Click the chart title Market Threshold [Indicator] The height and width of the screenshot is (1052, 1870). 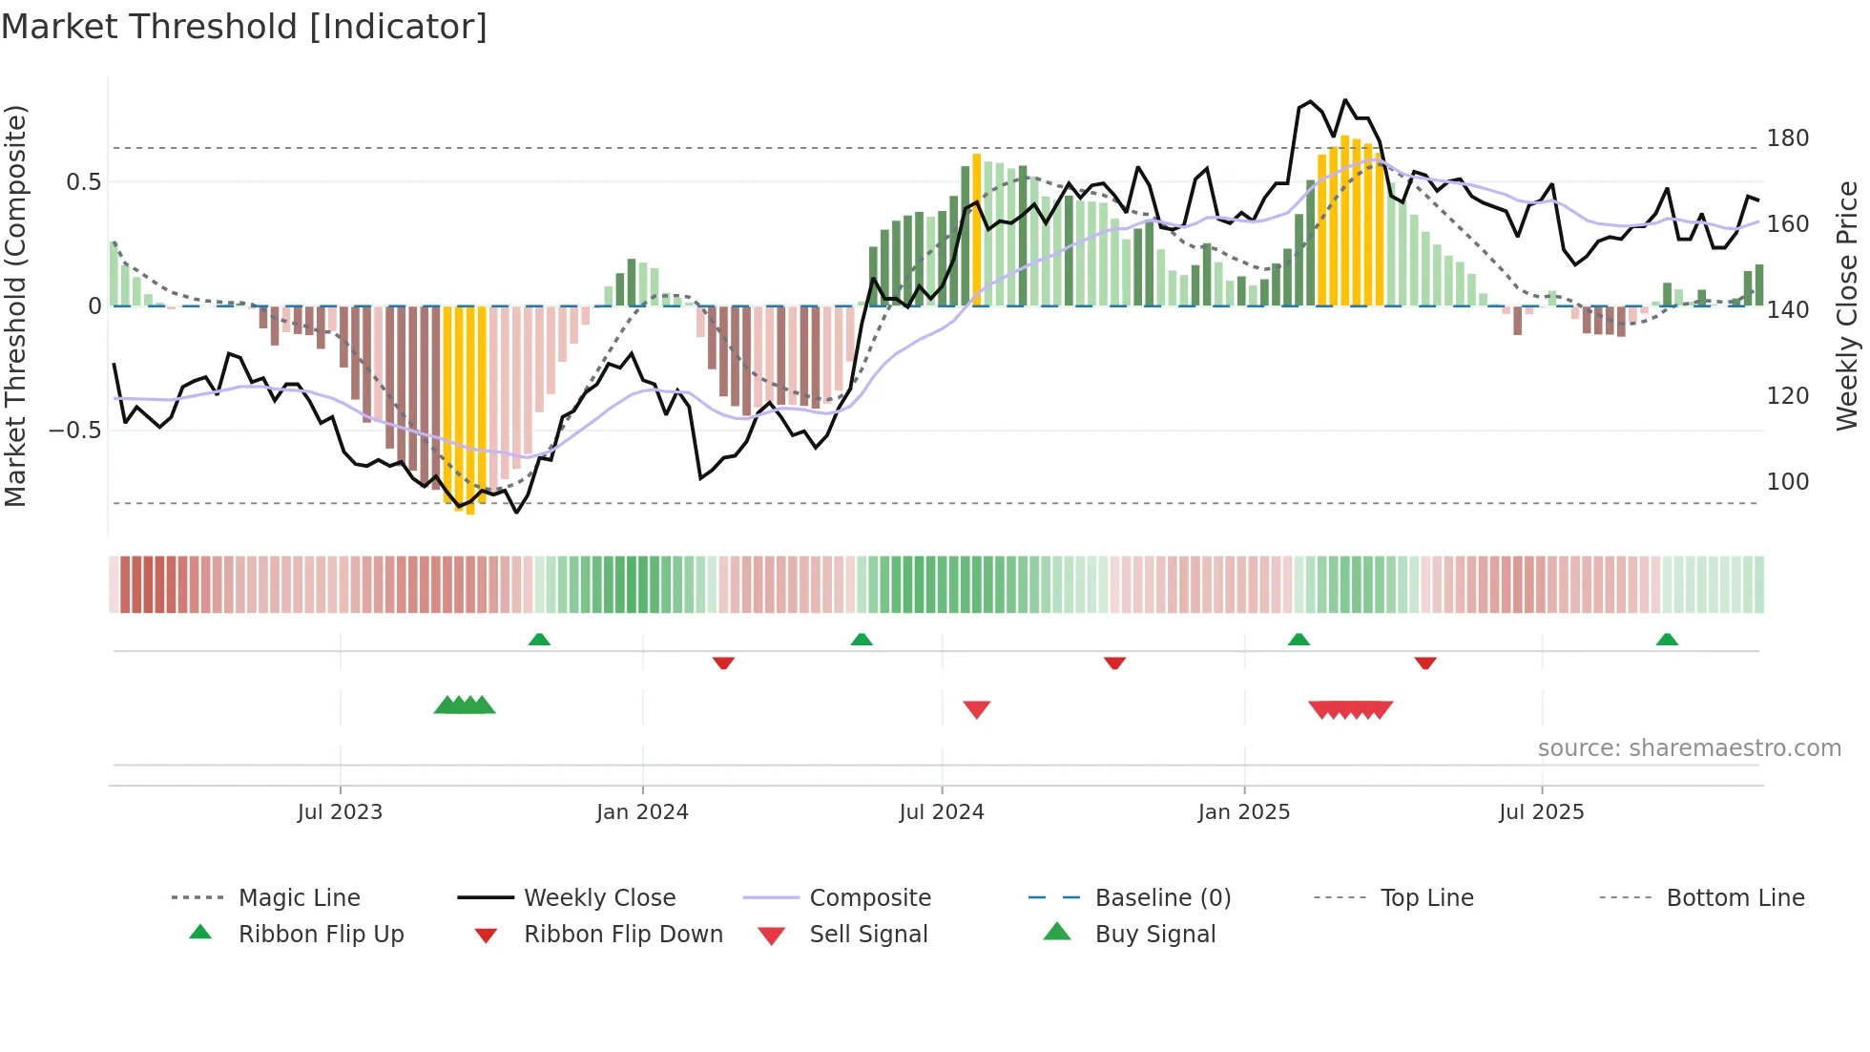click(x=244, y=27)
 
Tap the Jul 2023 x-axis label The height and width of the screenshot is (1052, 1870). click(x=340, y=812)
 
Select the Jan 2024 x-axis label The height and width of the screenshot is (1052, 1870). click(x=642, y=812)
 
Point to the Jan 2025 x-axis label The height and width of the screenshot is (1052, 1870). click(x=1244, y=812)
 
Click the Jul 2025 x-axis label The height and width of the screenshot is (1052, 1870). click(x=1541, y=812)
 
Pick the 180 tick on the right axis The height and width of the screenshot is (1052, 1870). click(x=1787, y=138)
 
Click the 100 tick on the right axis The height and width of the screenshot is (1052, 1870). click(x=1787, y=482)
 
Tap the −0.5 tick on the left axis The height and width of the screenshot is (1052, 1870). click(x=74, y=431)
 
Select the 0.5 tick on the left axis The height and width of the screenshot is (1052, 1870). click(x=83, y=182)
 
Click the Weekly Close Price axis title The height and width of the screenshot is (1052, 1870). click(x=1847, y=305)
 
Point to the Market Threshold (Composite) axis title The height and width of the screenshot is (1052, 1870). click(x=15, y=305)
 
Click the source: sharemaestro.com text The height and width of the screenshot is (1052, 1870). click(x=1689, y=748)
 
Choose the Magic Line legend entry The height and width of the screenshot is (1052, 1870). click(x=299, y=898)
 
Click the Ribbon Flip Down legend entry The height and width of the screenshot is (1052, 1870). click(x=623, y=935)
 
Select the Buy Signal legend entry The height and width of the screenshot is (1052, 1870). click(x=1154, y=935)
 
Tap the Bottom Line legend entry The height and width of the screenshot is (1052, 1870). click(x=1735, y=898)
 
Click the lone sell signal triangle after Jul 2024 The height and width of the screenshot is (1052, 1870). click(x=976, y=709)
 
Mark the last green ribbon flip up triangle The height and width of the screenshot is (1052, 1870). click(x=1667, y=640)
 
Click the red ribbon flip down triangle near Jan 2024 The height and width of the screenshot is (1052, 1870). click(x=723, y=663)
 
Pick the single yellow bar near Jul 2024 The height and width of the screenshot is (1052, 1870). click(x=976, y=229)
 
